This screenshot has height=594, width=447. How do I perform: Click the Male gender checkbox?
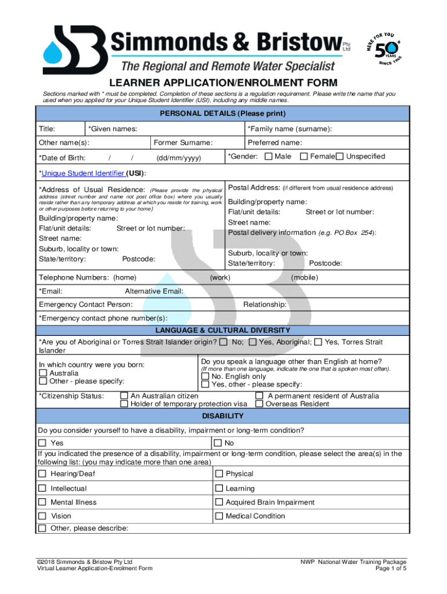click(269, 157)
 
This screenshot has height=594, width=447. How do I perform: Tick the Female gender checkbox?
click(304, 157)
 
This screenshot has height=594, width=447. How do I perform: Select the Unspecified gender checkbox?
click(341, 157)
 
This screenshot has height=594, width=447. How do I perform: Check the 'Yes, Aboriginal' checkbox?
click(253, 342)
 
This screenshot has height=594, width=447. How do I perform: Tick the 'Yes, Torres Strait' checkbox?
click(318, 342)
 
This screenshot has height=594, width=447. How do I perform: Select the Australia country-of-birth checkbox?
click(43, 373)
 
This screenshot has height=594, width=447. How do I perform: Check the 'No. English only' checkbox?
click(205, 376)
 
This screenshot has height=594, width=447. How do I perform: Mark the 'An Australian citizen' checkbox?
click(124, 396)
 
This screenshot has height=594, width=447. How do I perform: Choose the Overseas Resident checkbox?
click(259, 404)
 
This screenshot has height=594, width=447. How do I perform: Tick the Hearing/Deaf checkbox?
click(42, 474)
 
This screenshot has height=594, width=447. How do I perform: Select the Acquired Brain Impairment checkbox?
click(219, 502)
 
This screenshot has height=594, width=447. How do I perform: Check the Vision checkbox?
click(42, 516)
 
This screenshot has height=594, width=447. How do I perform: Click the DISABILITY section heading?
click(223, 416)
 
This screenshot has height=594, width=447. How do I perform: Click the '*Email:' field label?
click(51, 291)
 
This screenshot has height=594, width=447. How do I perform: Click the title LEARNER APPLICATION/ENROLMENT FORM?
click(223, 83)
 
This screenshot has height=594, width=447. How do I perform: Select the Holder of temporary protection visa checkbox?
click(124, 404)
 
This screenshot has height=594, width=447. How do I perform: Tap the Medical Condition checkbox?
click(219, 516)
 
